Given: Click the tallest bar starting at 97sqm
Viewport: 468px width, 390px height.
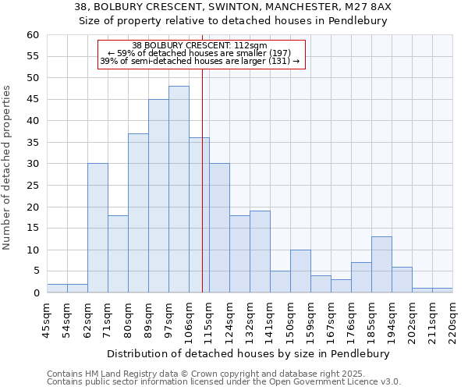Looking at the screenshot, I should (x=179, y=190).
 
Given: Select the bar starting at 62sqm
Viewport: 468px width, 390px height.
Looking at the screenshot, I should (x=97, y=228).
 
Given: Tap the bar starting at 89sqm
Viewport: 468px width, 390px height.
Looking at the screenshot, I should (x=158, y=196).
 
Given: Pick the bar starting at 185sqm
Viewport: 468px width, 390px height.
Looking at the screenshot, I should (x=381, y=264).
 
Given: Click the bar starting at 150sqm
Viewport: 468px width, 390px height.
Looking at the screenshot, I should (x=300, y=271).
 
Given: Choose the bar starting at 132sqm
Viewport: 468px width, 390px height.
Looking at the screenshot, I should (x=260, y=252).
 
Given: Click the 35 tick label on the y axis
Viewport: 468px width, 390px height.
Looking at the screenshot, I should (x=32, y=143).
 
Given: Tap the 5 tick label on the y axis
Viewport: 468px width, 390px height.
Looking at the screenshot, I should (x=35, y=271).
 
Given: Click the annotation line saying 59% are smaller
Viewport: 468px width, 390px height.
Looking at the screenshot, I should (x=200, y=53).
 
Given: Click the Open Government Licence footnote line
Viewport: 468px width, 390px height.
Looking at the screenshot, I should (x=224, y=381).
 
